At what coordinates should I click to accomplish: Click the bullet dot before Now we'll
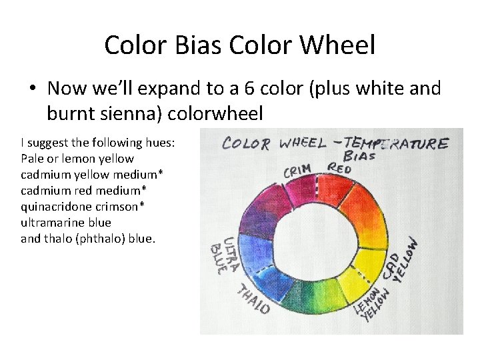tap(31, 88)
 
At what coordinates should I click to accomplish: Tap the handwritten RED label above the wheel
tap(339, 169)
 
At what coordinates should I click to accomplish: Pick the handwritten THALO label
tap(253, 298)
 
